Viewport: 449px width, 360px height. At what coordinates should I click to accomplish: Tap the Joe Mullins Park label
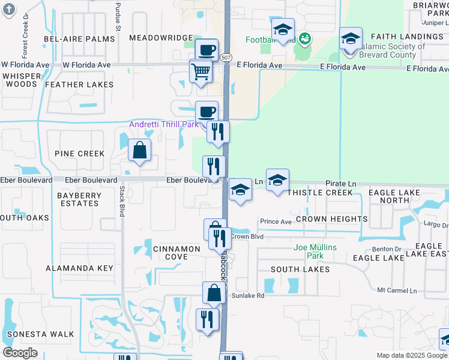pos(315,251)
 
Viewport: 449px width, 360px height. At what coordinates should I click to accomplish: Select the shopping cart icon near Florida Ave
pos(201,72)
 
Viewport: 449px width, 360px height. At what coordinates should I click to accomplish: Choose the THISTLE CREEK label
pos(319,193)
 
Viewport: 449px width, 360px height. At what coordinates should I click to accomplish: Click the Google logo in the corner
pos(20,352)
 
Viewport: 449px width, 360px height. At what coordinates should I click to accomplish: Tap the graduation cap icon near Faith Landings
pos(351,40)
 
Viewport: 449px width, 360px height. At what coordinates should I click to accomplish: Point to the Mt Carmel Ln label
pos(397,290)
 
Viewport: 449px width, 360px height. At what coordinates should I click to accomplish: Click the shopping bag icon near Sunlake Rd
pos(214,293)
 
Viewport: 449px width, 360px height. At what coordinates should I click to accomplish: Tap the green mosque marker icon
pos(304,40)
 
